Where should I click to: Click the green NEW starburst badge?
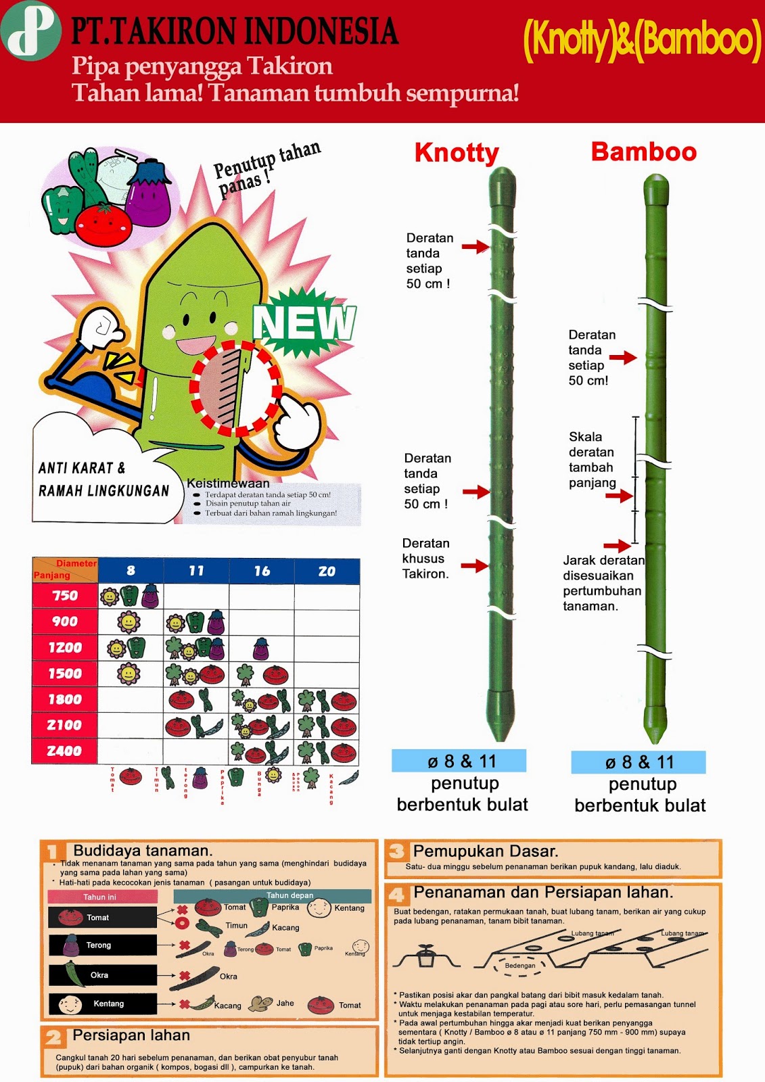[x=304, y=323]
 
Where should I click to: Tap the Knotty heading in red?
[x=457, y=153]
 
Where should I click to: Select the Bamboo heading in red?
[x=643, y=152]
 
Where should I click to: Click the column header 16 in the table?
[x=262, y=571]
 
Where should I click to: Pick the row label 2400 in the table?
[x=64, y=751]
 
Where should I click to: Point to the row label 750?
[x=65, y=596]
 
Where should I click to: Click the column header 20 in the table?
[x=327, y=571]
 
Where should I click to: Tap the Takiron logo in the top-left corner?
[x=30, y=30]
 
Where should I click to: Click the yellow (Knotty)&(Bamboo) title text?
[x=642, y=40]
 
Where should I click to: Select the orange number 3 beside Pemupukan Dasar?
[x=397, y=851]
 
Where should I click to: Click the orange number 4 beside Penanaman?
[x=397, y=895]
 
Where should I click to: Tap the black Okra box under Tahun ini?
[x=102, y=974]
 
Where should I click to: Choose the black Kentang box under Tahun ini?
[x=102, y=1004]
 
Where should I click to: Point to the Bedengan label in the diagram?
[x=519, y=966]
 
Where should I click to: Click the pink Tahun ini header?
[x=102, y=897]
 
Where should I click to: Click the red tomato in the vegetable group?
[x=103, y=225]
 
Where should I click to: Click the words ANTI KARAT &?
[x=82, y=468]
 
